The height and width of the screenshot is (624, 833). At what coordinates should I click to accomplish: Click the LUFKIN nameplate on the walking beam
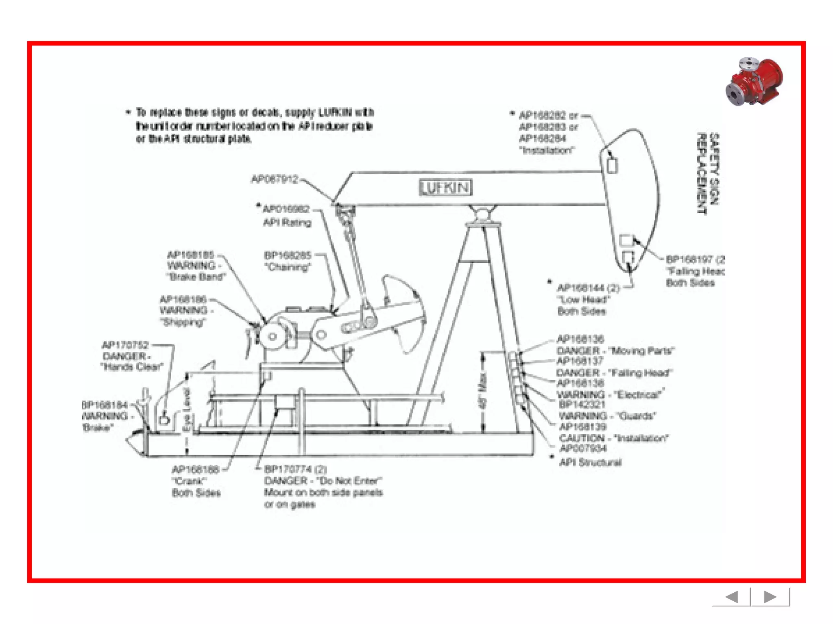point(445,188)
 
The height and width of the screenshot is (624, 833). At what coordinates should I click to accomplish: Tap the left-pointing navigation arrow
point(732,597)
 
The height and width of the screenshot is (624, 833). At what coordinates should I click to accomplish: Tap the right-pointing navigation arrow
point(770,597)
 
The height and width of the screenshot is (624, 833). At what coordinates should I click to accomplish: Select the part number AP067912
point(275,179)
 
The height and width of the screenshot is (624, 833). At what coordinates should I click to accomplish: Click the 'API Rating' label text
point(287,223)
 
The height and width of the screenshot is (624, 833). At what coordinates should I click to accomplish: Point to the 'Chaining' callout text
point(288,267)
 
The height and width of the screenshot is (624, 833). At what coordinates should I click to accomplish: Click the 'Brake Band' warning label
point(196,277)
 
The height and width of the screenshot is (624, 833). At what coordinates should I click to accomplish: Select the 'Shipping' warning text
point(183,323)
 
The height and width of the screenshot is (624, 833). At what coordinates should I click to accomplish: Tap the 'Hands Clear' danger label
point(132,367)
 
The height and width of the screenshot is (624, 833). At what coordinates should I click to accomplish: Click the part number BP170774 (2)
point(295,469)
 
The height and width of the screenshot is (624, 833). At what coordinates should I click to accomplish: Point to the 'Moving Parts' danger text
point(643,351)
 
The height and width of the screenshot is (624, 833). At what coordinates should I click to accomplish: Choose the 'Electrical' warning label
point(639,394)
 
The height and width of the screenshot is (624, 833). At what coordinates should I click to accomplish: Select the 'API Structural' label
point(590,462)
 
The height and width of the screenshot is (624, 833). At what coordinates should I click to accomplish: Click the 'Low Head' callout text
point(584,300)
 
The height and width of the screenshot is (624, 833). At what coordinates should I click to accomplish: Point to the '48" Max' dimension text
point(483,390)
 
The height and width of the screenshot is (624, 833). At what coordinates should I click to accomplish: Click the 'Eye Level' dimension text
point(187,410)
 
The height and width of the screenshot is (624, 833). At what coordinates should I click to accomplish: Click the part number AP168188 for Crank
point(196,470)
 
